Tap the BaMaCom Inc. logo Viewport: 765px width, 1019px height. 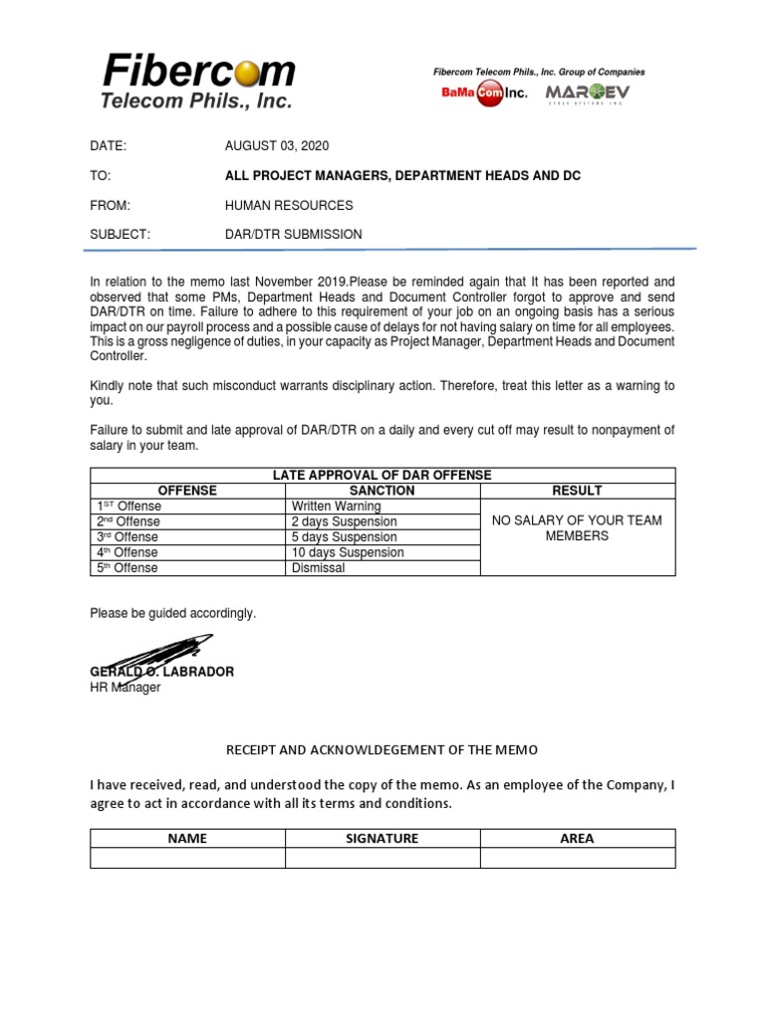[484, 94]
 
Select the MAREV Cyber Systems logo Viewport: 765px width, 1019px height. [587, 94]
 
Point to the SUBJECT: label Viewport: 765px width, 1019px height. [120, 235]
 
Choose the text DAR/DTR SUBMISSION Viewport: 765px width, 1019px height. [293, 235]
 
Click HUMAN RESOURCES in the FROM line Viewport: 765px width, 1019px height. [288, 205]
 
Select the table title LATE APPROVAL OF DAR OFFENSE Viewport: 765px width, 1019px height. [382, 476]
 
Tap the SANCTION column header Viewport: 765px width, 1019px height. [382, 491]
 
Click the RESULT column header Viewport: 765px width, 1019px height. [577, 491]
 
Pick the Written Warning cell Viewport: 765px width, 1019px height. [336, 507]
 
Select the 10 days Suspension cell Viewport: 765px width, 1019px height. [347, 552]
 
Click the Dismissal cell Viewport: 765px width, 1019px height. [318, 568]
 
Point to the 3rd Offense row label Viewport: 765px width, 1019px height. [127, 537]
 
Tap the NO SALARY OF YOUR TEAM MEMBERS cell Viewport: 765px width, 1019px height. [577, 528]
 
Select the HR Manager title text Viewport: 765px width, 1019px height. [125, 688]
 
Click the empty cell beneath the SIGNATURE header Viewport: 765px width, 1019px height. [382, 858]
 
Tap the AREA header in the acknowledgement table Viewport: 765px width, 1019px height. [577, 839]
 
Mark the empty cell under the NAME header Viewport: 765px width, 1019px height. [187, 858]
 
